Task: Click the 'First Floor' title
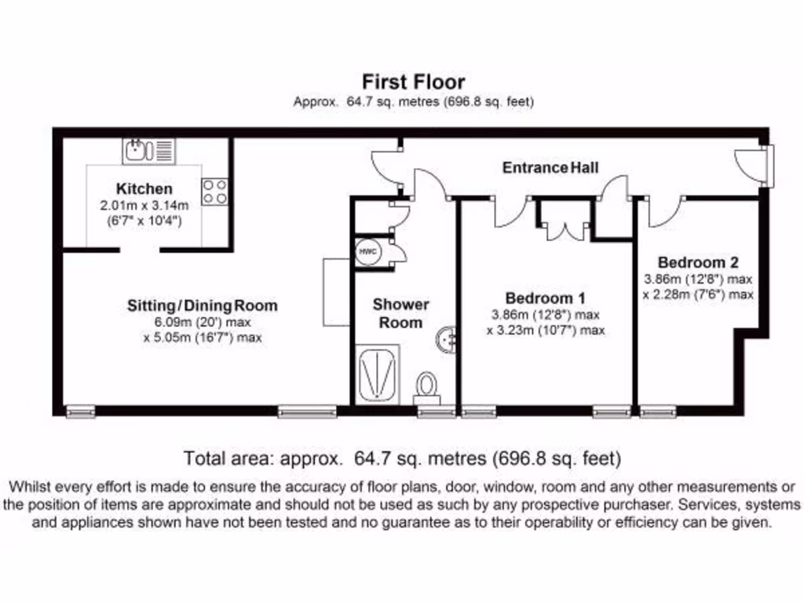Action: tap(413, 82)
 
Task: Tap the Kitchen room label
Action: tap(144, 189)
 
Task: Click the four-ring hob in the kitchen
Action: tap(214, 192)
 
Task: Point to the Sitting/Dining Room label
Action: tap(203, 305)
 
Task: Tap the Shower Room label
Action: tap(400, 313)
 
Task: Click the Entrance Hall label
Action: tap(550, 167)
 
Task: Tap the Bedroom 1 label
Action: tap(546, 298)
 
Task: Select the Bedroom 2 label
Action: tap(698, 262)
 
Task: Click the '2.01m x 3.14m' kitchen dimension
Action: tap(144, 206)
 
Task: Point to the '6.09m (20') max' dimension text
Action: tap(203, 322)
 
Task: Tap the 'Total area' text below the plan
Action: tap(402, 458)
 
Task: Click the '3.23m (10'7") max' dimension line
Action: tap(546, 331)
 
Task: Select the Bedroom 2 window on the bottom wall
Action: tap(658, 411)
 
